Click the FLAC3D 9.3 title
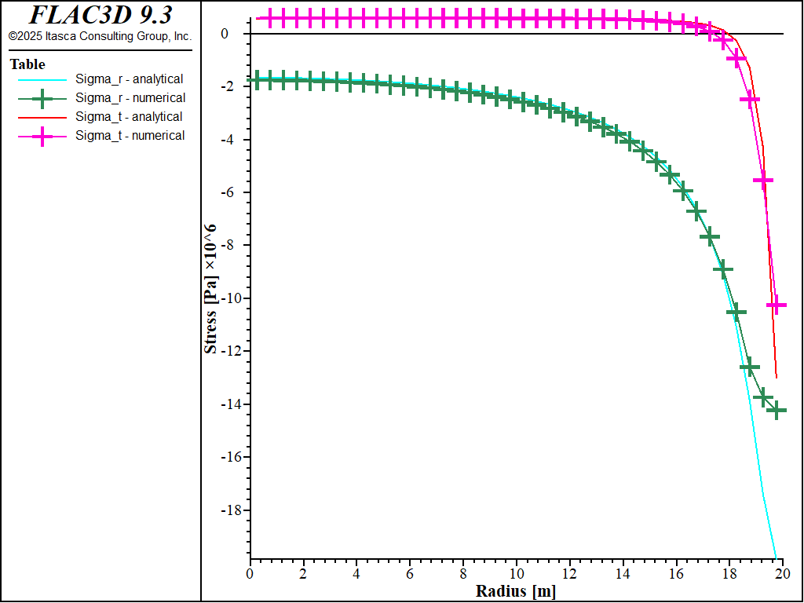tap(100, 15)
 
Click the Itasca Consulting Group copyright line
tap(100, 36)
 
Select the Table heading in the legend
tap(27, 64)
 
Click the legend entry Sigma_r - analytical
tap(130, 79)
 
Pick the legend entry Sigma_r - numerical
tap(130, 98)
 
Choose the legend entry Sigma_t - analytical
tap(129, 117)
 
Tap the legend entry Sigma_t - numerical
tap(130, 136)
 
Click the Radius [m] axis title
tap(515, 591)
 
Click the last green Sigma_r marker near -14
tap(776, 410)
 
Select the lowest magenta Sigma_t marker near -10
tap(776, 305)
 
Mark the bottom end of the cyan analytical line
tap(776, 559)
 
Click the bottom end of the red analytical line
tap(777, 378)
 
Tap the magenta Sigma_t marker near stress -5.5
tap(762, 181)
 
